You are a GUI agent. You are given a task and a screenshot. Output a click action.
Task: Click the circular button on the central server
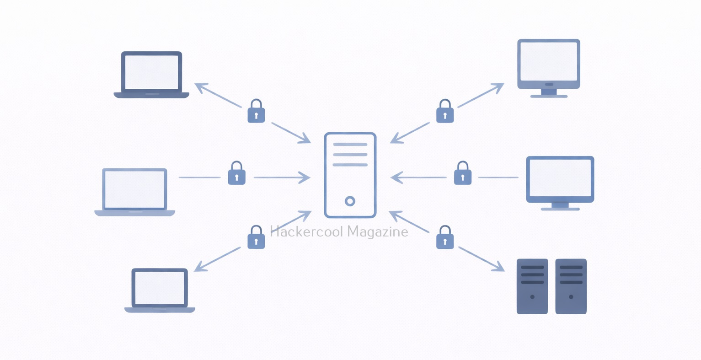pos(350,201)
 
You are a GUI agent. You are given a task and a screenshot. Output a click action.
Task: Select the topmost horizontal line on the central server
pos(350,144)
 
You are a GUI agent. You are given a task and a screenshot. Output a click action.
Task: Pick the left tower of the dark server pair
pos(532,286)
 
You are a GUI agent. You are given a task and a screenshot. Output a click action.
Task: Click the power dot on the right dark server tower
pos(571,297)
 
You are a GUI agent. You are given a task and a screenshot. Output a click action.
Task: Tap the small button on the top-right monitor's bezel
pos(549,85)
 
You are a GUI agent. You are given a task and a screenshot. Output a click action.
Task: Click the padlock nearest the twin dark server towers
pos(444,237)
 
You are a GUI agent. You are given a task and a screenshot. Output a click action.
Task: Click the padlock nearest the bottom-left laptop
pos(256,237)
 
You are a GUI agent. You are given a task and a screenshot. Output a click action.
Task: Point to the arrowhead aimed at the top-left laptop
pos(201,87)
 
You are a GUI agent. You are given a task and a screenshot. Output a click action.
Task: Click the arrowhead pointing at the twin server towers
pos(498,267)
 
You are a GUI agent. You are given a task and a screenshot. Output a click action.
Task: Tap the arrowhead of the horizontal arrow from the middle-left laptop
pos(305,177)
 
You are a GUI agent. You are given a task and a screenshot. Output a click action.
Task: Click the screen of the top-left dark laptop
pos(151,72)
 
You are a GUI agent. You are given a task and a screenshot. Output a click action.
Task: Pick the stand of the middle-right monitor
pos(560,206)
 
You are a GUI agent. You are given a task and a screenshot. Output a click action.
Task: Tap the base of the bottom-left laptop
pos(160,310)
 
